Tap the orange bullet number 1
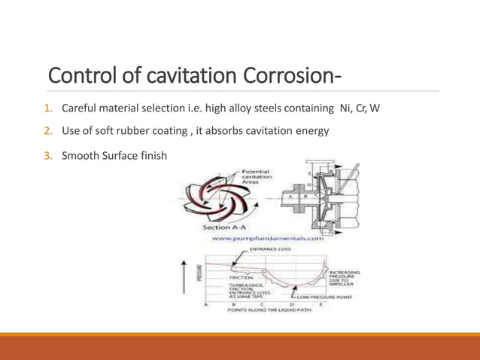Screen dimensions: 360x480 coord(47,108)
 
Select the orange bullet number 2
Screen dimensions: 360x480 coord(47,131)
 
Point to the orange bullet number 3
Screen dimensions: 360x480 coord(47,156)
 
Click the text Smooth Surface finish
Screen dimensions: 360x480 coord(114,156)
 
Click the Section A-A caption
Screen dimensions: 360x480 coord(224,227)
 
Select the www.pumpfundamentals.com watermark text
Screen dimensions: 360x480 coord(267,239)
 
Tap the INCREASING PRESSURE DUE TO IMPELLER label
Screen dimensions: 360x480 coord(344,278)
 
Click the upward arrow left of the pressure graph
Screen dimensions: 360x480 coord(185,276)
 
